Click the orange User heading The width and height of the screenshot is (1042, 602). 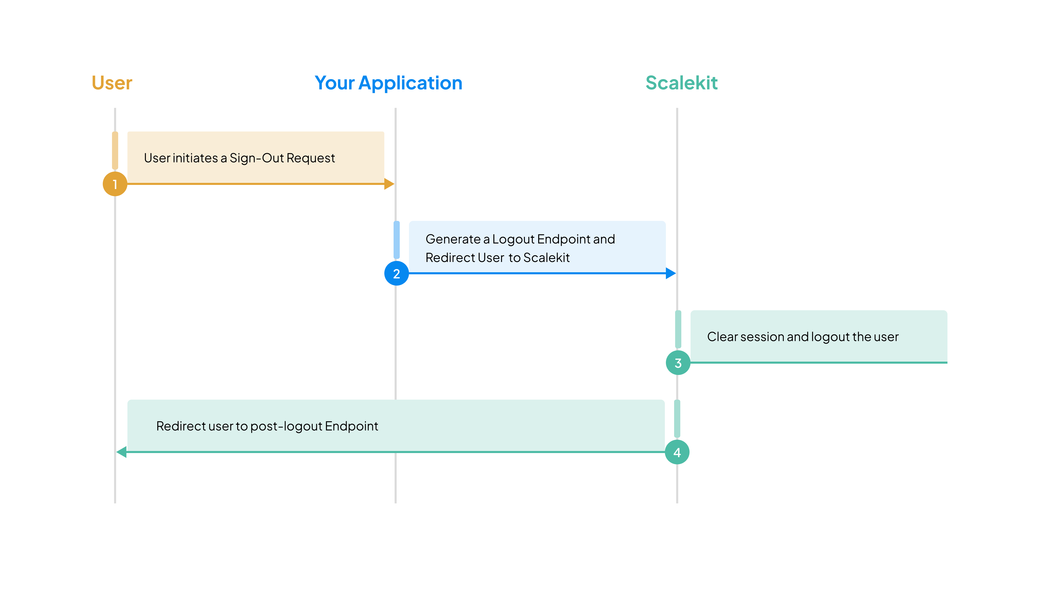pos(112,83)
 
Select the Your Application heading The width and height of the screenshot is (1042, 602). pos(388,83)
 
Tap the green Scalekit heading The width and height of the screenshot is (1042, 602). pos(681,83)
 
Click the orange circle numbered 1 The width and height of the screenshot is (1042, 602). pos(115,184)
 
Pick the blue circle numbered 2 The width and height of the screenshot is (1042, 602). pos(396,273)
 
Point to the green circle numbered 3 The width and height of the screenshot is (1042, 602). pos(678,363)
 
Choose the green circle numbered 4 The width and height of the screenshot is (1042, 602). pos(677,452)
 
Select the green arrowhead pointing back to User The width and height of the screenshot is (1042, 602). pos(122,452)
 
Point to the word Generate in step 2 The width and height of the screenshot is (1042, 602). pos(453,239)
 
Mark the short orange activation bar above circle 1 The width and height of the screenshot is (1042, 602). pos(115,150)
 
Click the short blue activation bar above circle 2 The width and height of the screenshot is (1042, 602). pos(397,240)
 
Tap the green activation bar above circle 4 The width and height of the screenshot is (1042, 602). pos(677,418)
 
